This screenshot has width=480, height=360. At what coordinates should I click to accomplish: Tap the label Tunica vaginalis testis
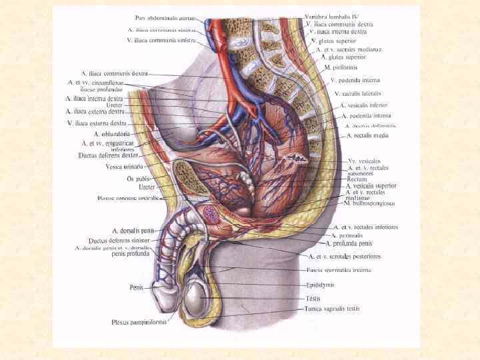pos(333,309)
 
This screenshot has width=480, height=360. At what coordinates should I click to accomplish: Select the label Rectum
pos(357,179)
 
